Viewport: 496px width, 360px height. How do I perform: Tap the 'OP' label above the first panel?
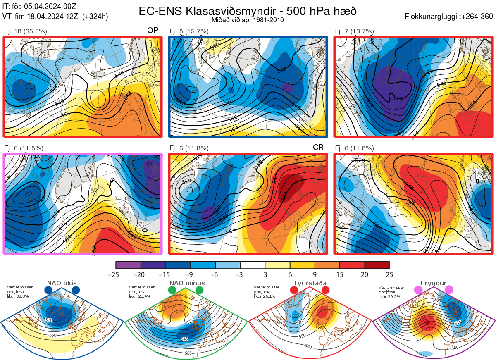tap(153, 31)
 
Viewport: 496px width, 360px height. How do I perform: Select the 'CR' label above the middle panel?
tap(318, 148)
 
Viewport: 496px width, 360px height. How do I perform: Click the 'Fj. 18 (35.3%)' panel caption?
tap(26, 31)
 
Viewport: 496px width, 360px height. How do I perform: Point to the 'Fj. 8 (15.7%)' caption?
tap(189, 31)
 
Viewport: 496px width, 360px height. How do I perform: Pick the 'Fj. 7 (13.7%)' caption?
tap(354, 31)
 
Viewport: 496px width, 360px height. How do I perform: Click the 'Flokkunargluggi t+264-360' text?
tap(450, 17)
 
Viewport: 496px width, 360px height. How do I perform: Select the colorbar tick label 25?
tap(389, 274)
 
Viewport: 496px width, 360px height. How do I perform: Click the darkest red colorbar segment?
tap(377, 265)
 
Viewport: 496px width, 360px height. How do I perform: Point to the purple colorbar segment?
tap(128, 265)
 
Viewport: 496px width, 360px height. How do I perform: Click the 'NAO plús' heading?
tap(62, 283)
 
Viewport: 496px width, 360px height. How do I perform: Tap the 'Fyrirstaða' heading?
tap(310, 283)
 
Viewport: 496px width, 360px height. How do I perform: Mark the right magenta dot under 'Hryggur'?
tap(449, 291)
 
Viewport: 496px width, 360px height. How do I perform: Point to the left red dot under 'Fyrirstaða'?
tap(294, 291)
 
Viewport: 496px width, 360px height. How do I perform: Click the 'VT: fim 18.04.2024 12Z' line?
tap(55, 17)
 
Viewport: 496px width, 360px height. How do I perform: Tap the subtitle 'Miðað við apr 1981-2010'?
tap(247, 20)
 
